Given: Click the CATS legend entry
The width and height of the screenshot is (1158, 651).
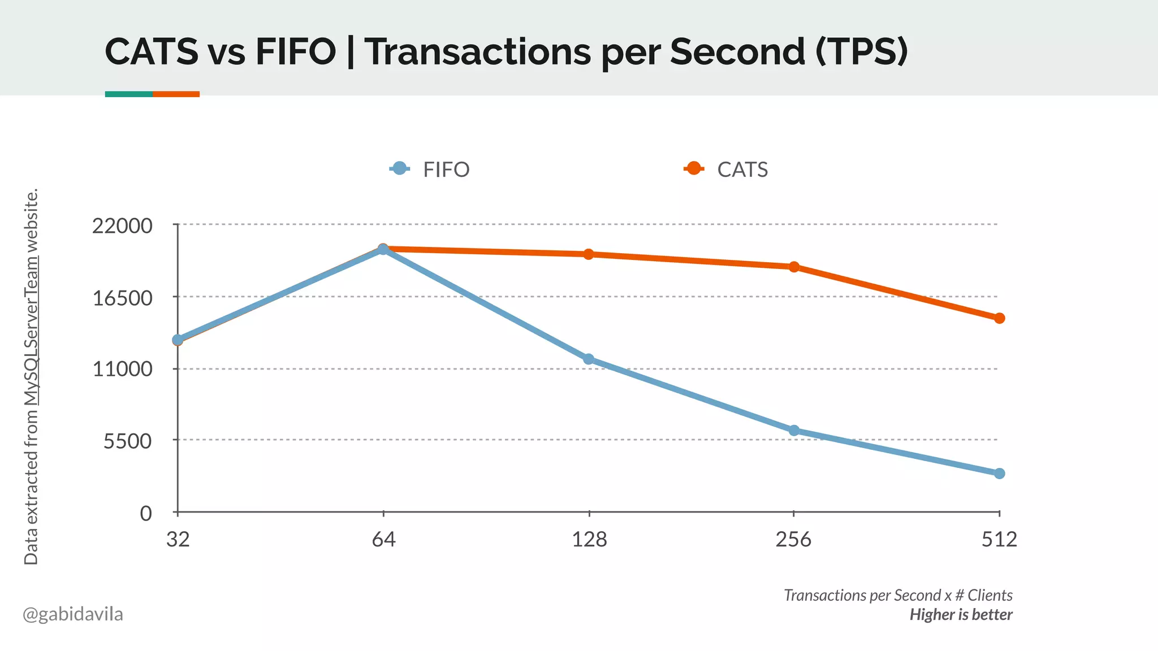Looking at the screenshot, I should [727, 169].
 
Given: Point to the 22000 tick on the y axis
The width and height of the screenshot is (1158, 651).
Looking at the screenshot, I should [123, 225].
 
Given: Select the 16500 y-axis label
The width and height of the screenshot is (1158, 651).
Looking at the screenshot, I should [123, 298].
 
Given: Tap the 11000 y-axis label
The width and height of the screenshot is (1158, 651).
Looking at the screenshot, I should [123, 369].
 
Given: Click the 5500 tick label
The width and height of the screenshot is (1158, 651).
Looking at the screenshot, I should [128, 441].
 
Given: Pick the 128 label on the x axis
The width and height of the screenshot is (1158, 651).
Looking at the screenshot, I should [589, 540].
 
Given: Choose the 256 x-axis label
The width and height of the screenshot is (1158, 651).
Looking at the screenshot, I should [793, 540].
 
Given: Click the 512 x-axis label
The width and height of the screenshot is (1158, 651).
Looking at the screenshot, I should [999, 540].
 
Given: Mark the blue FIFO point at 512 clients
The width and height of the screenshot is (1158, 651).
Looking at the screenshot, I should [1000, 473].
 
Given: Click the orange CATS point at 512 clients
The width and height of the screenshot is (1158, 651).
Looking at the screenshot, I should [1000, 318].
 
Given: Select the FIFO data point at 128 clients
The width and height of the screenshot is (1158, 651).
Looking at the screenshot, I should [589, 359].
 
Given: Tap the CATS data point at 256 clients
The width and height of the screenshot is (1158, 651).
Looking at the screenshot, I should [794, 267].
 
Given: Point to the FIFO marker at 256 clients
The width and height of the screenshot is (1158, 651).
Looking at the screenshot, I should [794, 431].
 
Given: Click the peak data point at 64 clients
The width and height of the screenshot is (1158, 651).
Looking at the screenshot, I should [383, 249].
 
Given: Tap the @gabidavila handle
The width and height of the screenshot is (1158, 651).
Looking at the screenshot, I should [73, 614].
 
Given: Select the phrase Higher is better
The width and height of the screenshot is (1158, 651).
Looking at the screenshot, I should [961, 614].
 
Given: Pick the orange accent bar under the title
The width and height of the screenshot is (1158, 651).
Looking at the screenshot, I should [176, 94].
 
